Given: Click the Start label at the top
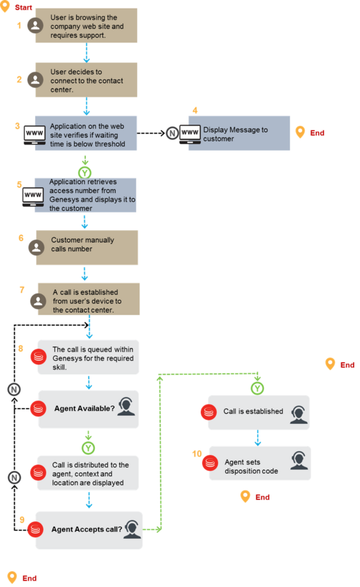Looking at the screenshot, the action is [x=23, y=7].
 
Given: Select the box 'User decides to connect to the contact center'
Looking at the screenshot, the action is [x=86, y=80].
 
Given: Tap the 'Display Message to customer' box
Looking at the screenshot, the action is [x=239, y=133].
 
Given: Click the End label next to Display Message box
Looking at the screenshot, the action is [x=317, y=133].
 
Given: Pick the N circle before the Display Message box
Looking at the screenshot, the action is [x=172, y=133].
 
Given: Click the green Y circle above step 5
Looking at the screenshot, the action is [x=85, y=173].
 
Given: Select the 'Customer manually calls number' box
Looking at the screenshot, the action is [x=87, y=247].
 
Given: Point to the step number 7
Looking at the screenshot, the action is [x=22, y=290].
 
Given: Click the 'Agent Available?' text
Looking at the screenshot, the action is [x=85, y=408].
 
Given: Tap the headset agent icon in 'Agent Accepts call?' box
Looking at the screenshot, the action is [x=132, y=529].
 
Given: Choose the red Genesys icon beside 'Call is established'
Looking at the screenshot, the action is [x=209, y=412].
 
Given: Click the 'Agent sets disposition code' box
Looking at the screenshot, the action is [x=260, y=463].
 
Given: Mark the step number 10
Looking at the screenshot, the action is [x=197, y=454].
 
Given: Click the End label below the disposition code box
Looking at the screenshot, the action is [x=262, y=497].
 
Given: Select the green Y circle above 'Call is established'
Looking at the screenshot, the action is [x=257, y=388].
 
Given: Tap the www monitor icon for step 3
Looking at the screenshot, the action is [x=35, y=135].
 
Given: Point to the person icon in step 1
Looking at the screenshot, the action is [x=36, y=25].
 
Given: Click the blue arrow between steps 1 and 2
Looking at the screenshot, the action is [x=87, y=52].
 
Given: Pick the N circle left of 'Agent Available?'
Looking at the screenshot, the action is [x=14, y=389].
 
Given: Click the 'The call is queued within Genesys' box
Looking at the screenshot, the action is [x=88, y=357].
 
